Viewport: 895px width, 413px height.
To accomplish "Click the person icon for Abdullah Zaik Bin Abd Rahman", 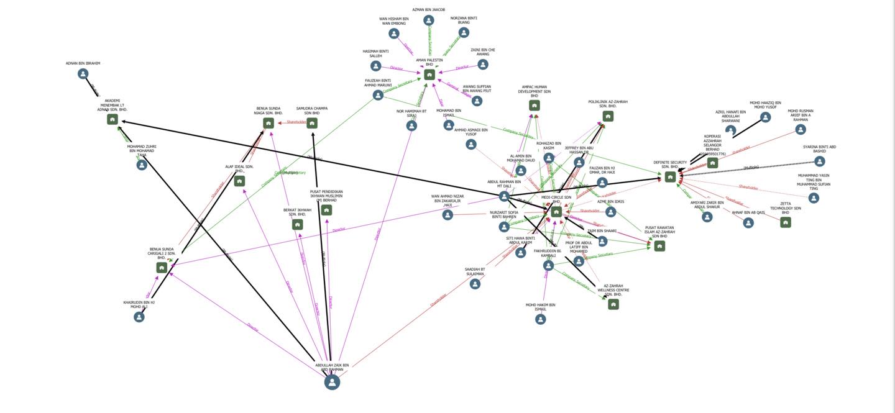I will (x=333, y=382).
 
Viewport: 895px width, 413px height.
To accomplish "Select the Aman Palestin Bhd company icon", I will (x=429, y=75).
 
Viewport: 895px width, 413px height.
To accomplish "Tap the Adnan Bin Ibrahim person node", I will (x=83, y=74).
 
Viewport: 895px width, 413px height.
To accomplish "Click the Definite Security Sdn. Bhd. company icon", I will (x=670, y=177).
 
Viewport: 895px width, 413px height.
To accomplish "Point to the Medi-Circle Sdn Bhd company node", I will (x=556, y=212).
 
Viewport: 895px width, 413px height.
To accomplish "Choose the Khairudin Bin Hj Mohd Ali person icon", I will (x=139, y=317).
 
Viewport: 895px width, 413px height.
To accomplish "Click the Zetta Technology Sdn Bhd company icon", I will (x=786, y=222).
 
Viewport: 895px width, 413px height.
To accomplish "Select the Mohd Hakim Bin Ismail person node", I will (x=541, y=319).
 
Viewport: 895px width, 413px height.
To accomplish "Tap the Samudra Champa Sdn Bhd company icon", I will (x=312, y=123).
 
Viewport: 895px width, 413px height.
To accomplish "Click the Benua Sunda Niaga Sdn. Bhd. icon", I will (x=268, y=123).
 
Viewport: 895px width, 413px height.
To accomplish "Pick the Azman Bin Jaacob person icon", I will (x=429, y=20).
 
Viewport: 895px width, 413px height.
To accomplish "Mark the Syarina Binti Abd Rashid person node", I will (x=820, y=161).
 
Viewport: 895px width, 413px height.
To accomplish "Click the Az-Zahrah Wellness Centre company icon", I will (x=613, y=304).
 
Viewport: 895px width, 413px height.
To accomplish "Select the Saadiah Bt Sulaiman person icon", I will (x=475, y=284).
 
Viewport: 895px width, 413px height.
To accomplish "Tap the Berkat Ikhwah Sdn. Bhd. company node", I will (x=297, y=225).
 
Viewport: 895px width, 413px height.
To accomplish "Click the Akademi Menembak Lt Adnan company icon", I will (x=112, y=119).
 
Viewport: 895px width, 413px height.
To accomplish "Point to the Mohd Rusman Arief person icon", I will (x=801, y=130).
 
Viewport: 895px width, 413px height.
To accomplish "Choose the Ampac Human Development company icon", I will (x=535, y=106).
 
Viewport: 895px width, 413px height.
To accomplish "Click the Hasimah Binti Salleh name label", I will (x=376, y=53).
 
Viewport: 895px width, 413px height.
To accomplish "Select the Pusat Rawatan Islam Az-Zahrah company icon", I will (x=659, y=246).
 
